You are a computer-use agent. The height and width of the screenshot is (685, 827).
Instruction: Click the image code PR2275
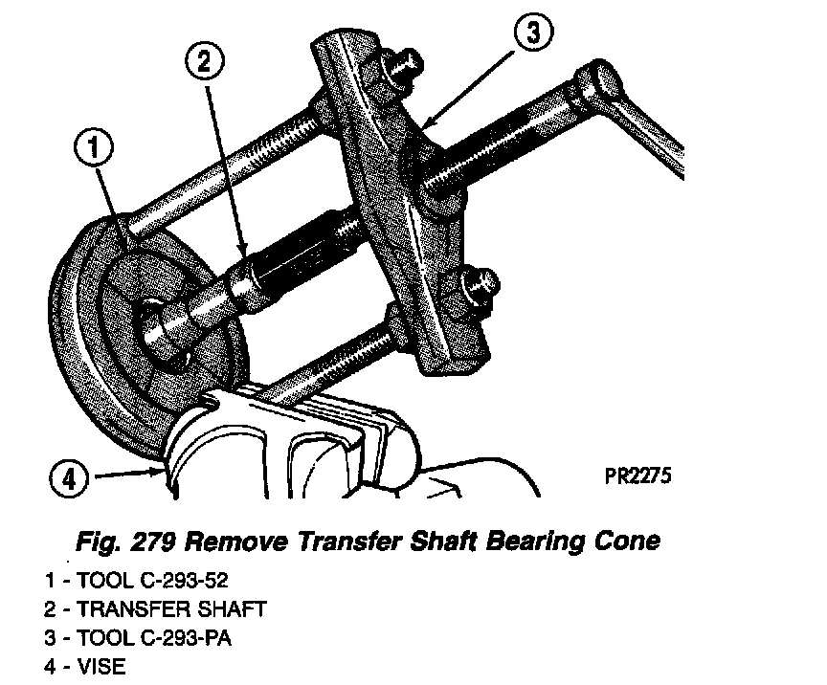pyautogui.click(x=637, y=475)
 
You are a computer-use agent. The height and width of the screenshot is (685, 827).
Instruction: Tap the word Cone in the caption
pyautogui.click(x=624, y=542)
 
